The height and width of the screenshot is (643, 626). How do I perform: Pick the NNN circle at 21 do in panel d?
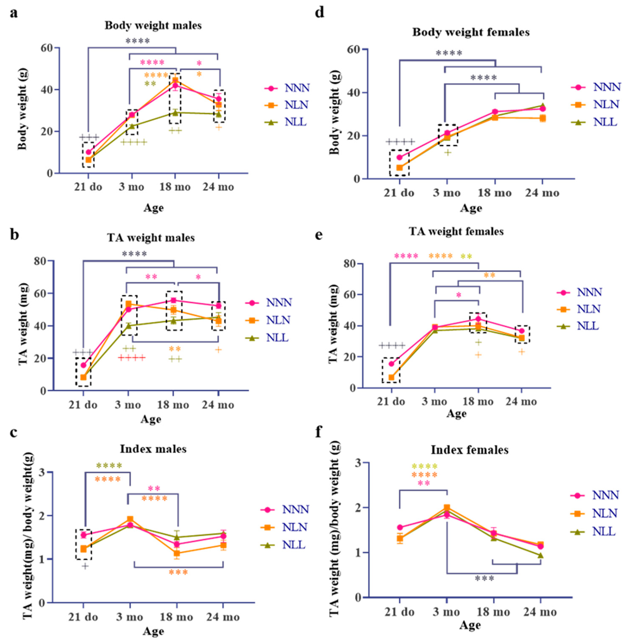[x=399, y=157]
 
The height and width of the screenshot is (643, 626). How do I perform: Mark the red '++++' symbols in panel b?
[x=132, y=358]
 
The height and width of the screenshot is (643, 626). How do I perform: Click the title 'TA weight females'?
[x=456, y=232]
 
